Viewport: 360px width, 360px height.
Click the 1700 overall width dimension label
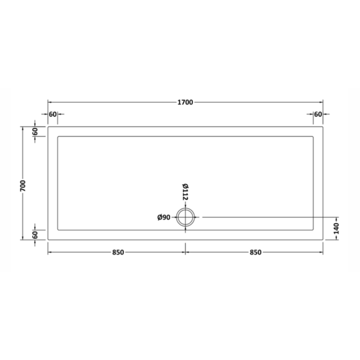click(185, 102)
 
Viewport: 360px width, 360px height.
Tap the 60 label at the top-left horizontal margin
click(53, 114)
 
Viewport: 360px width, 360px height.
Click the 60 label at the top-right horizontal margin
click(318, 114)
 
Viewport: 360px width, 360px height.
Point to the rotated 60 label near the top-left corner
click(35, 131)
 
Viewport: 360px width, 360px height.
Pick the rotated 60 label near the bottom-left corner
click(35, 235)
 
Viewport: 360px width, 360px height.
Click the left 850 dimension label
click(118, 252)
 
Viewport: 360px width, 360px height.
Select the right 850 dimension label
click(255, 252)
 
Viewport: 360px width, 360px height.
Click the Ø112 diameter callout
click(185, 192)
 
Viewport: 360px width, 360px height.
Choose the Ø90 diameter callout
click(164, 217)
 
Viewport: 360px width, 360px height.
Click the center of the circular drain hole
click(185, 217)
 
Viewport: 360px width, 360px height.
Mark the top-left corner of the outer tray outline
click(48, 127)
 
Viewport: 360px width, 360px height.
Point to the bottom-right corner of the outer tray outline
click(323, 239)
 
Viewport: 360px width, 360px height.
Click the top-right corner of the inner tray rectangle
click(313, 137)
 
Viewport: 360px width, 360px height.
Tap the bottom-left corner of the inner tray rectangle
click(58, 230)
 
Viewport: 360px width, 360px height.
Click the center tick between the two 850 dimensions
click(185, 252)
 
